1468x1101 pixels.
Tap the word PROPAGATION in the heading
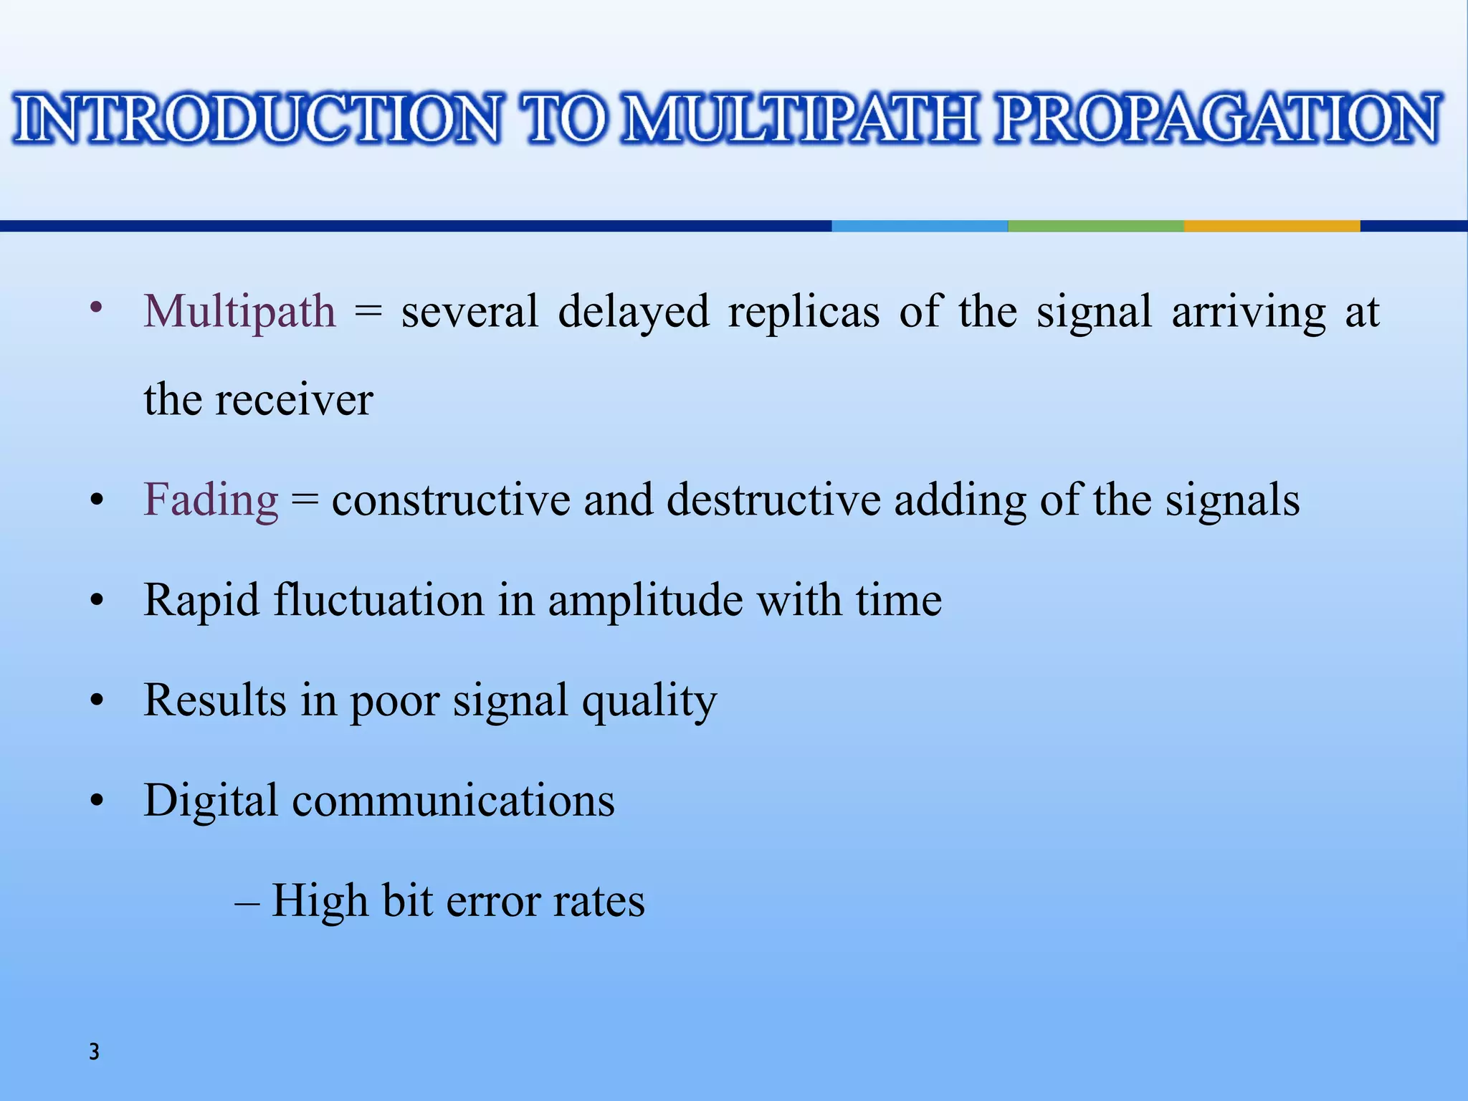tap(1218, 118)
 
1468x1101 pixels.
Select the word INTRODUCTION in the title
tap(257, 118)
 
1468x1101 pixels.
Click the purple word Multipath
tap(239, 313)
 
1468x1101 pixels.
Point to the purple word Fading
tap(211, 500)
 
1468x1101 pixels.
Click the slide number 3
tap(94, 1052)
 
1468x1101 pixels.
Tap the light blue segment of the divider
tap(920, 226)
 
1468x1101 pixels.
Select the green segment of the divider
tap(1095, 226)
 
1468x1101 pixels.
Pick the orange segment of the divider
tap(1272, 226)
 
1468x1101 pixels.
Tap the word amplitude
tap(645, 601)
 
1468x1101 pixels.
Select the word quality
tap(649, 701)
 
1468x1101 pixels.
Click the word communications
tap(453, 801)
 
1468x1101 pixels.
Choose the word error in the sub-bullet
tap(492, 902)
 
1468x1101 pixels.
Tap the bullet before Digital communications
tap(97, 800)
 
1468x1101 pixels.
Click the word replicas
tap(804, 313)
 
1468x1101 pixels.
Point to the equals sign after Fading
tap(305, 501)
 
